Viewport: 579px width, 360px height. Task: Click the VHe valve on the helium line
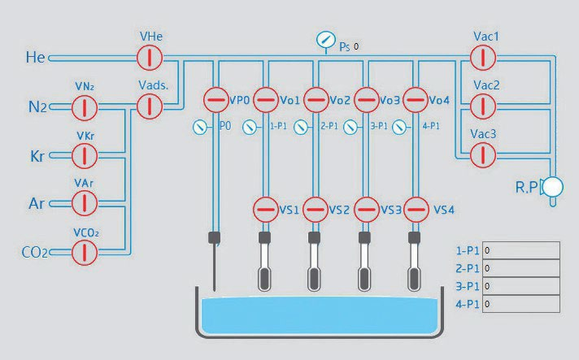point(150,58)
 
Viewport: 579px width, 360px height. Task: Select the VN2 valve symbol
point(85,107)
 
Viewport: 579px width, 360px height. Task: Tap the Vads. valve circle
point(150,106)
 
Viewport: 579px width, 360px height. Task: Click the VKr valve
point(85,156)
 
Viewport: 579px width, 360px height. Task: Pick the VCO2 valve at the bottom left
point(85,253)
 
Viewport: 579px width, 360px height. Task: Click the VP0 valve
point(216,100)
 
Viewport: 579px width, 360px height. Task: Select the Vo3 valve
point(366,100)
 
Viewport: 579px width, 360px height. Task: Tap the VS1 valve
point(265,210)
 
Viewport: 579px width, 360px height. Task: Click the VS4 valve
point(416,210)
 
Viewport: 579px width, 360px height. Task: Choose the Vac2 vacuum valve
point(483,106)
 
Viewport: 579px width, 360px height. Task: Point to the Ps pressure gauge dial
point(326,40)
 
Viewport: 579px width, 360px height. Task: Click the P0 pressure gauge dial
point(200,128)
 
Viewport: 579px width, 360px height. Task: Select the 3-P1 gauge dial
point(350,128)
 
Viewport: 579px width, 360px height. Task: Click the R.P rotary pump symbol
point(552,187)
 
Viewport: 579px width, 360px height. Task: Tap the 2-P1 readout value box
point(521,268)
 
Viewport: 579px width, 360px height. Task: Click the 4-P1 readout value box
point(521,304)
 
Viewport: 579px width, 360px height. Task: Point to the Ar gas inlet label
point(37,204)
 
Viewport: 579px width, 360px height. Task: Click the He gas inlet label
point(36,57)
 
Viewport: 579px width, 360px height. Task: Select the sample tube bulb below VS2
point(314,279)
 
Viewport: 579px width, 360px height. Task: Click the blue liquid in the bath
point(320,314)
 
